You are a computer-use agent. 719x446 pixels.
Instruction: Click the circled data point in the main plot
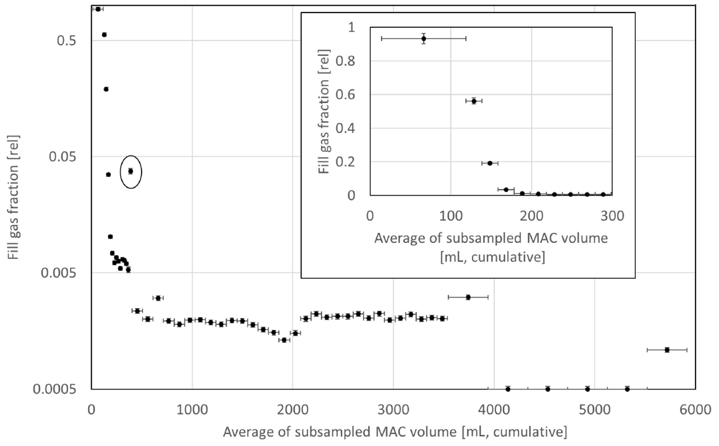pyautogui.click(x=130, y=171)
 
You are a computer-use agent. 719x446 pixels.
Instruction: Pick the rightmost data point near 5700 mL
pyautogui.click(x=667, y=350)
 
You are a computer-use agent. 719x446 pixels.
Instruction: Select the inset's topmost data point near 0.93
pyautogui.click(x=423, y=39)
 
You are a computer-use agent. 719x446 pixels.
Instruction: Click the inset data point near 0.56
pyautogui.click(x=474, y=101)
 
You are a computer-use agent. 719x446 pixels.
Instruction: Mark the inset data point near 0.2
pyautogui.click(x=490, y=163)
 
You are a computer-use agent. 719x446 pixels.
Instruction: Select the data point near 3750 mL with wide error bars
pyautogui.click(x=468, y=297)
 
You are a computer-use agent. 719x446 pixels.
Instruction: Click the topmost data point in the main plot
pyautogui.click(x=97, y=9)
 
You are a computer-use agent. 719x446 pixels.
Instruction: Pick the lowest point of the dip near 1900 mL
pyautogui.click(x=284, y=340)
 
